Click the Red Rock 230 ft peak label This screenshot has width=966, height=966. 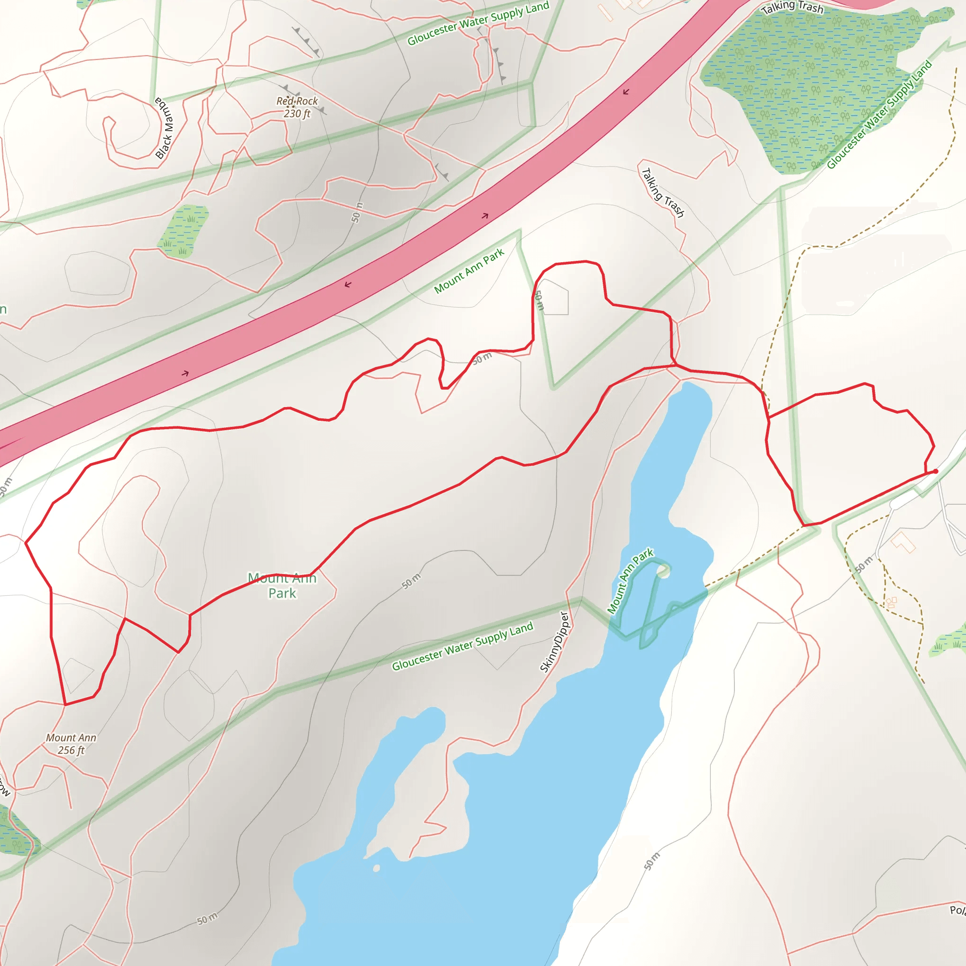tap(297, 107)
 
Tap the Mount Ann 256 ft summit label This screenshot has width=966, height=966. tap(71, 743)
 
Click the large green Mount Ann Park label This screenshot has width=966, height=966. tap(283, 585)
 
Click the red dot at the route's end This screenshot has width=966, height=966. tap(935, 471)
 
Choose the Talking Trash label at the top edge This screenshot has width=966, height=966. tap(792, 7)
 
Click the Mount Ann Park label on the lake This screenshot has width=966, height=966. tap(630, 581)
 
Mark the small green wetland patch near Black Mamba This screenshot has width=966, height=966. tap(183, 231)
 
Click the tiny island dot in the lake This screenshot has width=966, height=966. tap(376, 868)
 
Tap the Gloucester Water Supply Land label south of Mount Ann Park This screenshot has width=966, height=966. tap(463, 646)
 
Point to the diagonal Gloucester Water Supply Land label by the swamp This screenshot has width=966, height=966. tap(880, 115)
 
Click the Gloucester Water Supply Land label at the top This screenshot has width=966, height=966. tap(478, 23)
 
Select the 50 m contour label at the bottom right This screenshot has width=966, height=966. tap(651, 861)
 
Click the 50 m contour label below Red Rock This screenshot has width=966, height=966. tap(356, 213)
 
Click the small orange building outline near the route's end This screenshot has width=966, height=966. tap(903, 541)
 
